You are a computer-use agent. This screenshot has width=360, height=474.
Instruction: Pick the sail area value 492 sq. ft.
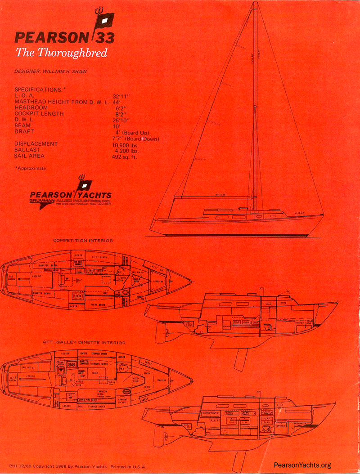(125, 157)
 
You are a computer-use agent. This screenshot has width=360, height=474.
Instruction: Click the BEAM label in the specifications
(23, 126)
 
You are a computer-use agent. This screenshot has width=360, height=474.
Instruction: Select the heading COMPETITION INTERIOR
(83, 241)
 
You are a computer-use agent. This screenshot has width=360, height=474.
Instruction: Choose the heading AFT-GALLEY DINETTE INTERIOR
(84, 343)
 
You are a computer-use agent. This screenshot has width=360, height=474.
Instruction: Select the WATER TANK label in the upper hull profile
(304, 323)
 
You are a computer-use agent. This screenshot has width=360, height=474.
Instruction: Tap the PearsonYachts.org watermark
(302, 465)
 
